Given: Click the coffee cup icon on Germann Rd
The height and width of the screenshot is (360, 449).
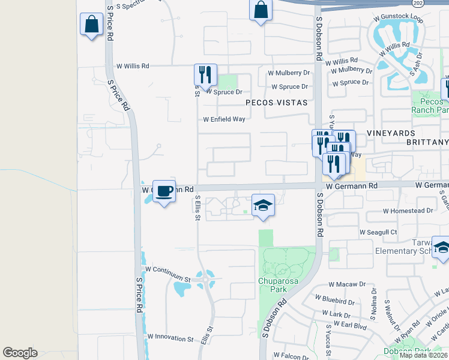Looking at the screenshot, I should [x=164, y=191].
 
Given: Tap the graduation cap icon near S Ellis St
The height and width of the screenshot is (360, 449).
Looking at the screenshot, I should [x=263, y=206].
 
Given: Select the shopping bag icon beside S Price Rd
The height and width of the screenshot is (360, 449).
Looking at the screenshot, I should [x=91, y=25].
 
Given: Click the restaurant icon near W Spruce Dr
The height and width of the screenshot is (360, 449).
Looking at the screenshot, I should [x=205, y=75].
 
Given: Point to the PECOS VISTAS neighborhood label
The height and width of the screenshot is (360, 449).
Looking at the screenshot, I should [x=276, y=103].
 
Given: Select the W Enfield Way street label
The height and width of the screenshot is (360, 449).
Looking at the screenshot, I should [x=224, y=119].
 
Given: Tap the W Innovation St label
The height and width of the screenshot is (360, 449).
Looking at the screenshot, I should [x=170, y=338].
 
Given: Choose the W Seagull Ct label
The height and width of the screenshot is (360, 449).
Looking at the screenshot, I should [x=378, y=232].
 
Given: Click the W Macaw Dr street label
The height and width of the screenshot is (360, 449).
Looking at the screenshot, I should [x=347, y=284].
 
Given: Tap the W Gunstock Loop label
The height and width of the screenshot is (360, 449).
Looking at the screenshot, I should [x=399, y=19].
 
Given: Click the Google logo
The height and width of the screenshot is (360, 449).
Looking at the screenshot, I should [x=20, y=353].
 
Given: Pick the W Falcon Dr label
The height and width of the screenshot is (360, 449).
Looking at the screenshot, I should [x=291, y=356].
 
